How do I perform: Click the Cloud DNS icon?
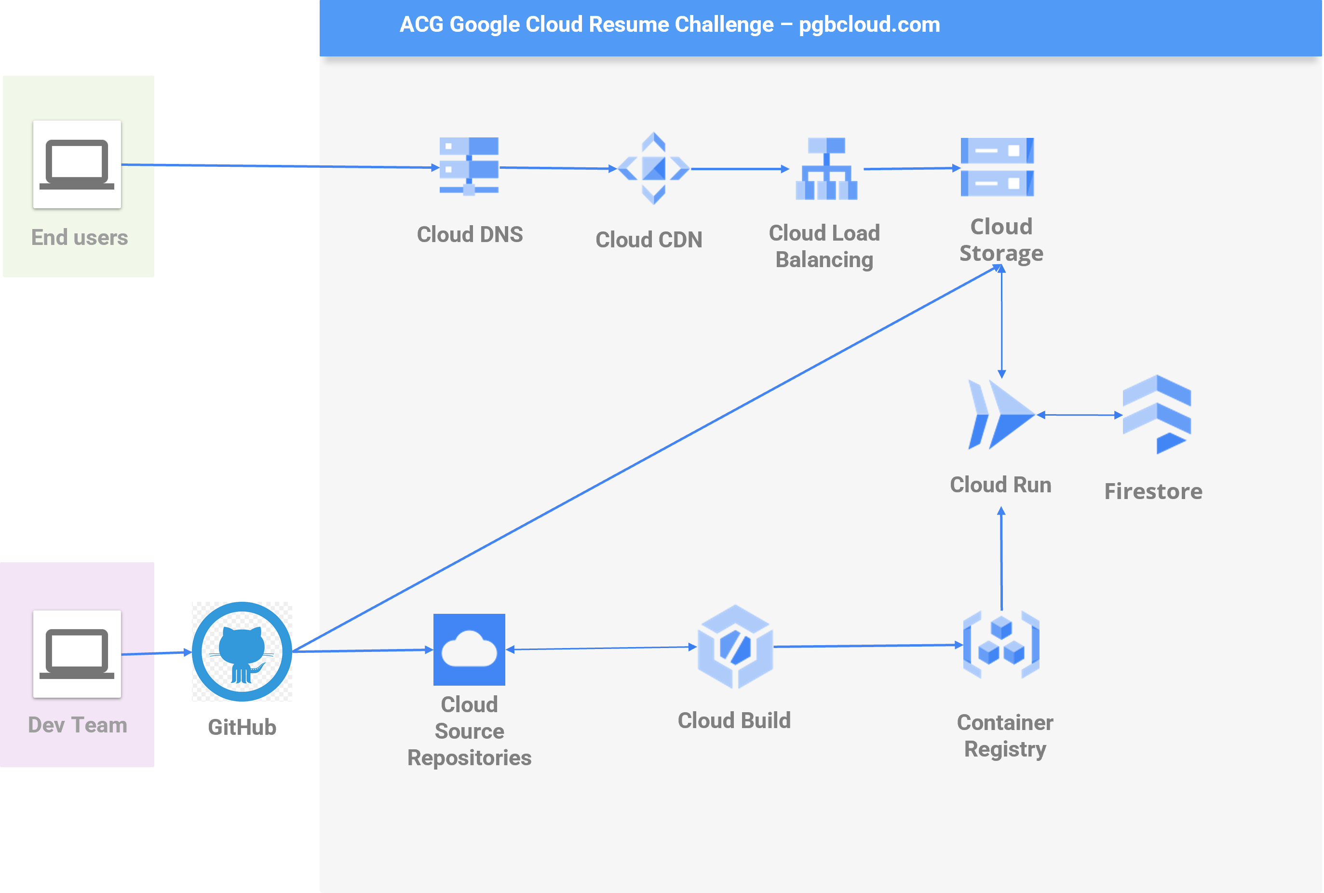click(x=469, y=166)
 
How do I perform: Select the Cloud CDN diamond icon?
click(x=653, y=169)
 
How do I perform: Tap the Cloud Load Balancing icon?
click(x=826, y=169)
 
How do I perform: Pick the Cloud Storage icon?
click(x=997, y=167)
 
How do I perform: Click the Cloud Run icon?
click(x=1000, y=415)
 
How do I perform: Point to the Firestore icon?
click(x=1157, y=414)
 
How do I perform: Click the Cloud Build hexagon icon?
click(x=735, y=647)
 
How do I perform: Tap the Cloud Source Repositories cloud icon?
click(x=469, y=649)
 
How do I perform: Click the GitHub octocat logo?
click(x=242, y=651)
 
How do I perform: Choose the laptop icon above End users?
click(x=77, y=164)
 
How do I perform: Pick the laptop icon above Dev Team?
click(x=77, y=654)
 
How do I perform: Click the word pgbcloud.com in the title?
click(x=869, y=25)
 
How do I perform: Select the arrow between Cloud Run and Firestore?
click(x=1080, y=415)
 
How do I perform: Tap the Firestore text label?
click(x=1153, y=491)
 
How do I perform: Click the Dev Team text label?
click(x=78, y=725)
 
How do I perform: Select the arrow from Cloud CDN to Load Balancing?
click(x=739, y=169)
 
